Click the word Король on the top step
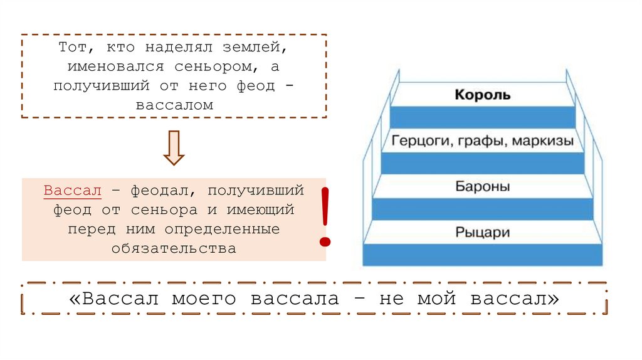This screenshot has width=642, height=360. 482,95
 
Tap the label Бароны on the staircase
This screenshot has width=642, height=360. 482,186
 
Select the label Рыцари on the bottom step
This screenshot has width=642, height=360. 482,233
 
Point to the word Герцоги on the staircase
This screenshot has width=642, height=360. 417,141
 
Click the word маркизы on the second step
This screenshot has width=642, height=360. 543,141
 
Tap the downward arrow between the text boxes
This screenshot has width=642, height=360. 174,148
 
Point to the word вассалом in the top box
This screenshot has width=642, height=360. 174,105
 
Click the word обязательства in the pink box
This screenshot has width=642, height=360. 174,248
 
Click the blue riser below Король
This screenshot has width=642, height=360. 482,117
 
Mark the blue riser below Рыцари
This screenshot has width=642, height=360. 482,254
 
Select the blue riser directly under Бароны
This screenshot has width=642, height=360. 482,208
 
